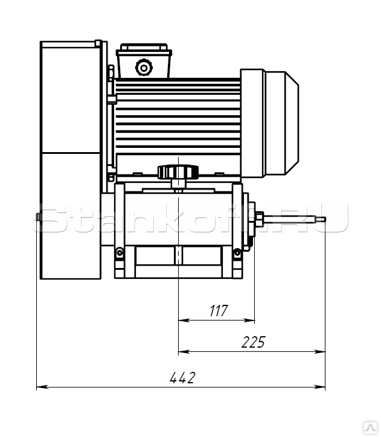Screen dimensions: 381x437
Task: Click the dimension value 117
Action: pyautogui.click(x=219, y=310)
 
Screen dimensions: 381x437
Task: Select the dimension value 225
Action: pyautogui.click(x=253, y=342)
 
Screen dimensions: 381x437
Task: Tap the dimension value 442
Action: pyautogui.click(x=182, y=378)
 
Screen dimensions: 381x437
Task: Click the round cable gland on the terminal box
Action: pyautogui.click(x=144, y=68)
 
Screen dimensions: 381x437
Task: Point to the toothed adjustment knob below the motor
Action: pyautogui.click(x=178, y=171)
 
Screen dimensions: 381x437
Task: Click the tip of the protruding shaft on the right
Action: pyautogui.click(x=325, y=219)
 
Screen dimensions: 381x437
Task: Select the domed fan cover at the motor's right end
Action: pyautogui.click(x=281, y=123)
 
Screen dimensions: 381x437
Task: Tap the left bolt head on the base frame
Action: pyautogui.click(x=120, y=252)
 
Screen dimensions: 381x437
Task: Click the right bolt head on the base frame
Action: pyautogui.click(x=237, y=252)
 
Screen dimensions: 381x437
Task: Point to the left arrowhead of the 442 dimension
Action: pyautogui.click(x=42, y=387)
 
